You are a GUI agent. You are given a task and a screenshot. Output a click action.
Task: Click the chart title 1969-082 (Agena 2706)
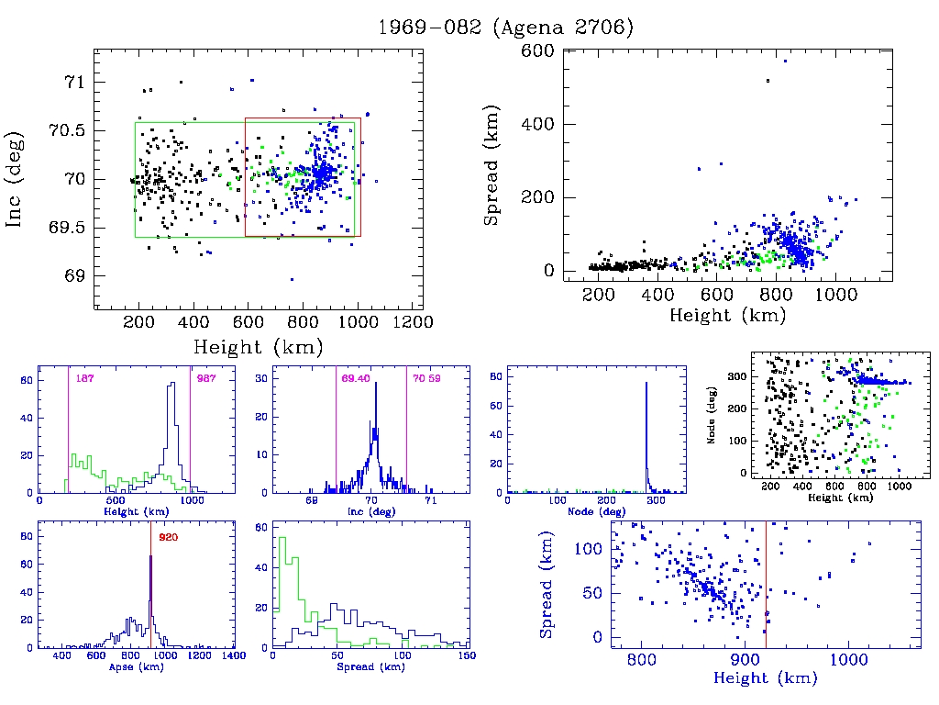click(x=506, y=28)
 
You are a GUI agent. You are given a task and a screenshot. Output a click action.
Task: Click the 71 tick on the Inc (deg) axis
click(x=70, y=82)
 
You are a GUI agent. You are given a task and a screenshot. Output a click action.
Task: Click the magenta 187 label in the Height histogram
click(x=85, y=378)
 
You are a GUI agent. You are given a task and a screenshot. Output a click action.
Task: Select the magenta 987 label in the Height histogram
click(x=204, y=378)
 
